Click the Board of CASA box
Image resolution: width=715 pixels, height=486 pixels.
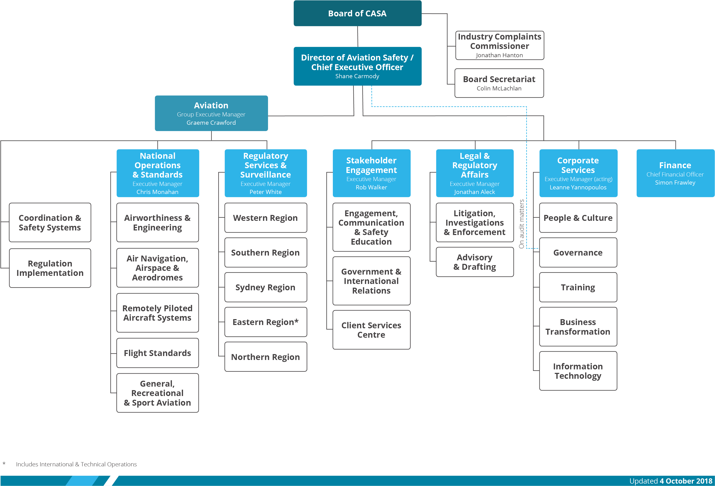[x=357, y=14]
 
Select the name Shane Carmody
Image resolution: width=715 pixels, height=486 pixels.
[x=357, y=76]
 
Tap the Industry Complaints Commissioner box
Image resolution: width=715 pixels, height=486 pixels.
[x=499, y=45]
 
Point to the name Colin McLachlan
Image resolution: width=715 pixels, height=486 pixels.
[x=499, y=88]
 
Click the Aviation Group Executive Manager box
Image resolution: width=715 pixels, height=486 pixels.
[x=211, y=113]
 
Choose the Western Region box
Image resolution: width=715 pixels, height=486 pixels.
[x=266, y=218]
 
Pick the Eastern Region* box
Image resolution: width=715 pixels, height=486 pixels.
[x=266, y=322]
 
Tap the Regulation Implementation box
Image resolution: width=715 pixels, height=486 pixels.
[x=50, y=268]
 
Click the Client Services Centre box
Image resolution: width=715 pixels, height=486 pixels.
[x=371, y=330]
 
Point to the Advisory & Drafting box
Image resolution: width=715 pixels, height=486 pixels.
[x=475, y=262]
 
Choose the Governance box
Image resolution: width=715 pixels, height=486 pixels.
[x=578, y=253]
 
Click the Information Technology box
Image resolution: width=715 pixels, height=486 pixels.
[x=578, y=371]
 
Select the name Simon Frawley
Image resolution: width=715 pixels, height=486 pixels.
[x=675, y=183]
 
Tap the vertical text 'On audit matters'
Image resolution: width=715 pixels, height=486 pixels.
[x=521, y=224]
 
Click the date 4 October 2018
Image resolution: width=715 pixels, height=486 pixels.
[x=686, y=481]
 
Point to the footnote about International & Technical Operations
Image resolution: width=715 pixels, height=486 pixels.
[x=76, y=464]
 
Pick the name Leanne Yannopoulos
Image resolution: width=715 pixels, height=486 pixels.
[x=578, y=187]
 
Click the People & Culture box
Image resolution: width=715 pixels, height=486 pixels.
[x=578, y=218]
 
